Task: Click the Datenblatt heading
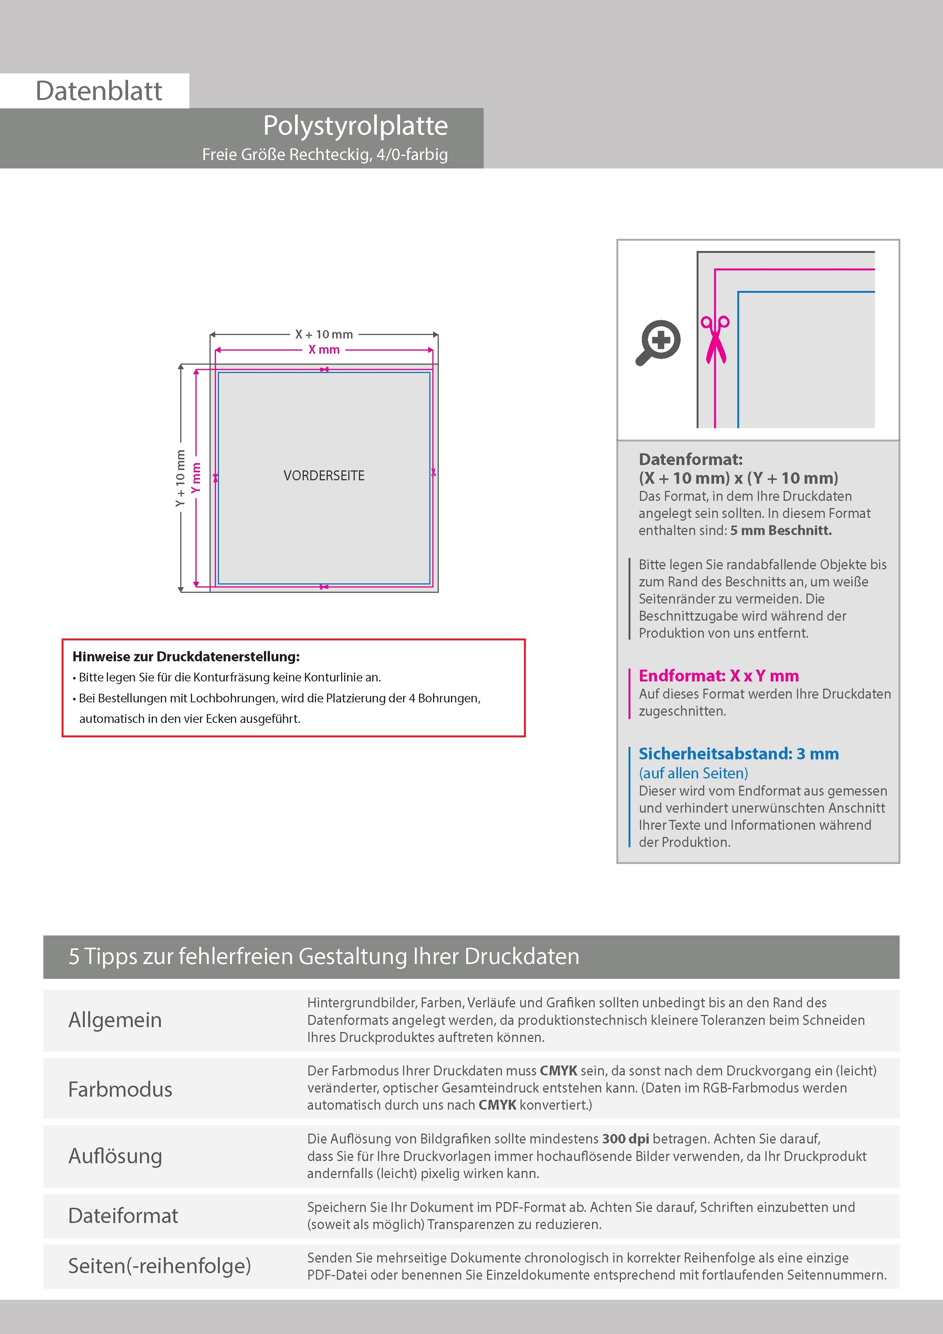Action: click(x=99, y=91)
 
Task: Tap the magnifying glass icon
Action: click(x=658, y=341)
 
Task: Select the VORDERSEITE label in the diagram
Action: click(x=324, y=476)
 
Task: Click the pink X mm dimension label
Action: click(x=324, y=350)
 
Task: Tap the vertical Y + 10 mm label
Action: click(x=181, y=478)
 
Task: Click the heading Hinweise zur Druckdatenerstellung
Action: click(x=186, y=656)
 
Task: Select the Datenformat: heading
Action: click(x=690, y=460)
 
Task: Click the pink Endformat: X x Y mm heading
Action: click(x=719, y=676)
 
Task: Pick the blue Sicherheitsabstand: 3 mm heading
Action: click(x=738, y=754)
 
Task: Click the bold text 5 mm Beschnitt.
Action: click(x=781, y=530)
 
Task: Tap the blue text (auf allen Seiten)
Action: click(x=693, y=773)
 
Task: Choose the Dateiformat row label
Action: click(x=123, y=1215)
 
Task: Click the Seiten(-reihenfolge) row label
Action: click(x=159, y=1266)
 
